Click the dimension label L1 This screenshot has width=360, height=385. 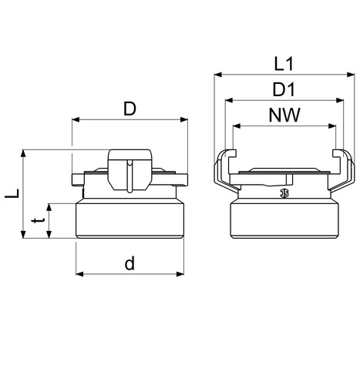(x=284, y=64)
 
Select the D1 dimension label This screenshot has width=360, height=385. (x=284, y=89)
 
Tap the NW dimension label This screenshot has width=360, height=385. (x=284, y=115)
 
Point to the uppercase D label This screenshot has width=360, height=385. (x=130, y=109)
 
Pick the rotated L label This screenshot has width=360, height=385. (x=12, y=193)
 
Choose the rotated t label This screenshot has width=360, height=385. (x=39, y=220)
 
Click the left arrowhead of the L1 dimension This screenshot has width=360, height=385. (x=218, y=75)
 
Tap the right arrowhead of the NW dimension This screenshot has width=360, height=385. (x=332, y=126)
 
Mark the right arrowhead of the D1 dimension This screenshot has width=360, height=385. (x=340, y=100)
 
